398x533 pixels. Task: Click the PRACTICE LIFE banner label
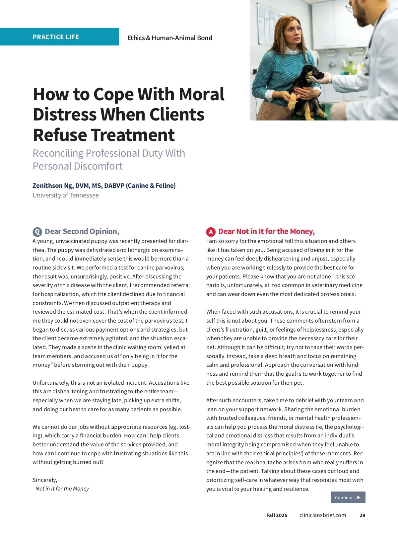tap(56, 37)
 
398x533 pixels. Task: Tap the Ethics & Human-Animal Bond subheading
tap(170, 38)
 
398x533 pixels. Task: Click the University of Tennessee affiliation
tap(66, 195)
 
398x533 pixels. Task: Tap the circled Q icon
tap(37, 232)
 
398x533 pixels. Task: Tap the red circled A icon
tap(211, 232)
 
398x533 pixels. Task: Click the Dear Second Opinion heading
tap(82, 231)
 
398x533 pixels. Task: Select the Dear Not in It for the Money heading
tap(266, 231)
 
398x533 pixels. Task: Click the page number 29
tap(362, 515)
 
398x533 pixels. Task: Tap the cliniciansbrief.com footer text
tap(323, 515)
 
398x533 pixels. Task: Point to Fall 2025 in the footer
tap(277, 515)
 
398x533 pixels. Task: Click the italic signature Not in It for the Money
tap(62, 489)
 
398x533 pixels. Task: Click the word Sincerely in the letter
tap(44, 480)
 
